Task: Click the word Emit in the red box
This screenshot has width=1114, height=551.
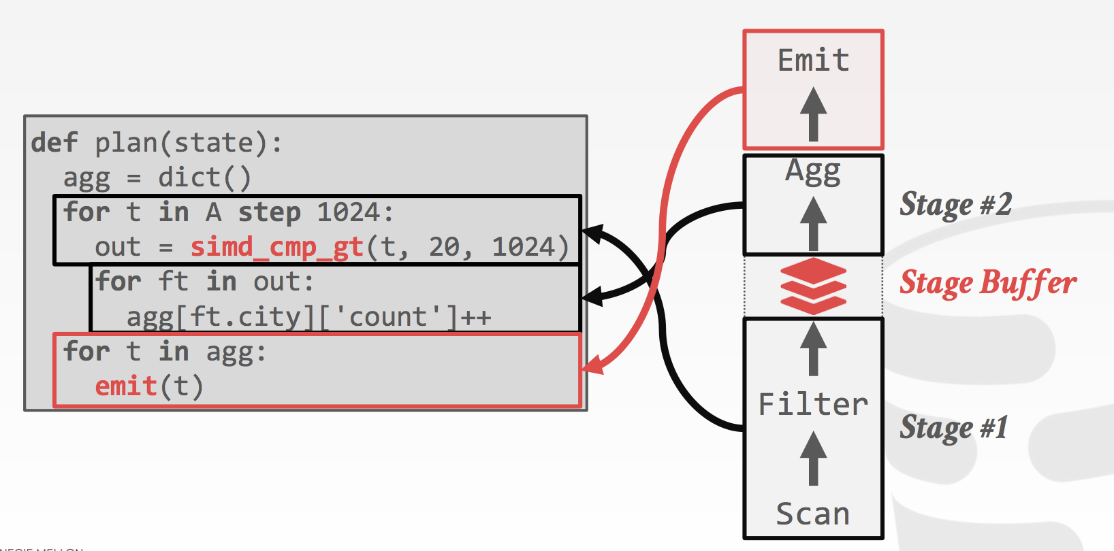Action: (x=813, y=61)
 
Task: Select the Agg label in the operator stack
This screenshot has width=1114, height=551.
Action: (x=813, y=171)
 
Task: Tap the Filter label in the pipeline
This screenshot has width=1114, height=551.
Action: (x=813, y=405)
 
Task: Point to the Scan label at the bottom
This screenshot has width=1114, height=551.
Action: (x=813, y=514)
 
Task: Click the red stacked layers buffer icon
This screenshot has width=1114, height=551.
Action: (x=813, y=286)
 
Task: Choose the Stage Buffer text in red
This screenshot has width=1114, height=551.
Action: (x=987, y=283)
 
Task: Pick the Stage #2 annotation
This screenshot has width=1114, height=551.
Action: (x=955, y=205)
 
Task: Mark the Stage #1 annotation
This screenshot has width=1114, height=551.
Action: (x=953, y=428)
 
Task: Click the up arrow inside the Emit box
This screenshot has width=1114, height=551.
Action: (x=813, y=114)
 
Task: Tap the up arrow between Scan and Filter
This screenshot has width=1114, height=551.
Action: (x=813, y=458)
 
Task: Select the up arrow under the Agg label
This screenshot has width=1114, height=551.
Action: (x=813, y=223)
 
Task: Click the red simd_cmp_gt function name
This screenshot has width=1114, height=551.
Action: (x=276, y=247)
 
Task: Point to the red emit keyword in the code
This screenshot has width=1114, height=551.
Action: (x=126, y=386)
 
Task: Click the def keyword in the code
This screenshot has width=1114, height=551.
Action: (x=54, y=143)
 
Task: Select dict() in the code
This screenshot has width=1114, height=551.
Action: (x=204, y=178)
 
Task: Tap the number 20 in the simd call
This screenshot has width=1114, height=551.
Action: (x=445, y=247)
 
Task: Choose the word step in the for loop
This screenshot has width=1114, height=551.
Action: (x=269, y=213)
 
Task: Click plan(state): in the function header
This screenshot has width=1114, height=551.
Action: (x=188, y=143)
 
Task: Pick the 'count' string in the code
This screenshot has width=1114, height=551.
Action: (x=389, y=317)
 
